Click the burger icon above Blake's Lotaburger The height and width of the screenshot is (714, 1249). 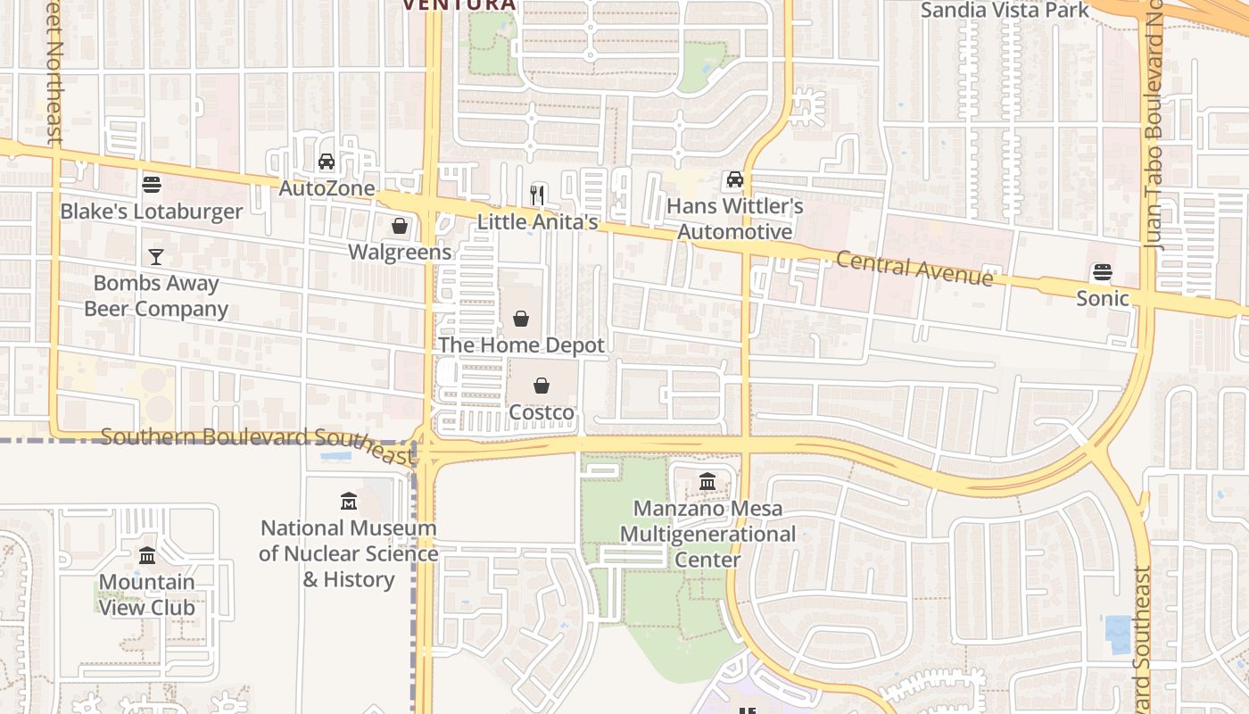coord(152,185)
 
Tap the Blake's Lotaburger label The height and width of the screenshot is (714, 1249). coord(152,212)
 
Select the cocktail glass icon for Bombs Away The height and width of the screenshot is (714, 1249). coord(156,257)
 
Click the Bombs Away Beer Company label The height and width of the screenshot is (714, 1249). coord(156,296)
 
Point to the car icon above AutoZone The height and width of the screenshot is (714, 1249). coord(327,162)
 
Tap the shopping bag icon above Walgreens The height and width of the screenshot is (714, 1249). coord(400,226)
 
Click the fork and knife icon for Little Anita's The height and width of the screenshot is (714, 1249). coord(537,194)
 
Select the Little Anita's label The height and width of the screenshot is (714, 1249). coord(537,221)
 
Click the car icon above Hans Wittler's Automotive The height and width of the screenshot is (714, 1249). coord(734,179)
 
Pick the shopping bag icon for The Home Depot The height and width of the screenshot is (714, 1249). coord(521,319)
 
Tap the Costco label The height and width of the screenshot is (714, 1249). coord(542,412)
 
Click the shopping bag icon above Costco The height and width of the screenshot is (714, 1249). coord(542,386)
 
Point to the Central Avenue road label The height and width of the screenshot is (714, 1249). coord(914,268)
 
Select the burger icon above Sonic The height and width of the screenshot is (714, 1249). coord(1103,272)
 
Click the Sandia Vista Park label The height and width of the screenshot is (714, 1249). coord(1005,11)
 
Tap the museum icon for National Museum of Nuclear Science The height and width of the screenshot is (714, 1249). coord(349,501)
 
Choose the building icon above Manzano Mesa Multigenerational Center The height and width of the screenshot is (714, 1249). coord(707,482)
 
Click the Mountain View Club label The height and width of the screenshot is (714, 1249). coord(147,594)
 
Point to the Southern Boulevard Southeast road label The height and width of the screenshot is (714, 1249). coord(259,444)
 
